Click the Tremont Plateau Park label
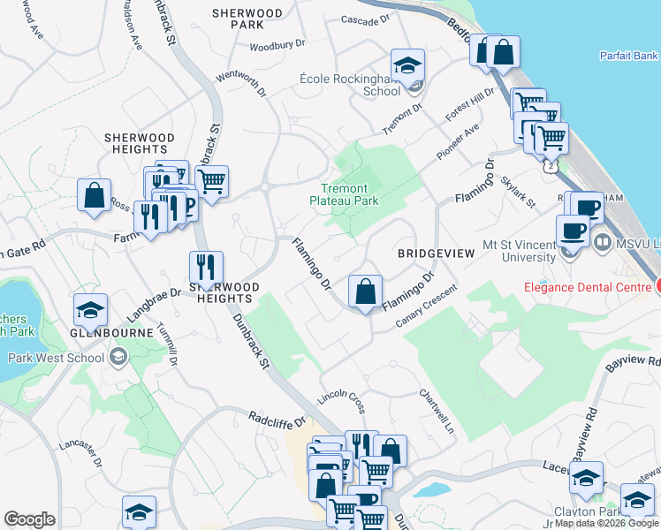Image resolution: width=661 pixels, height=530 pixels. pos(349,194)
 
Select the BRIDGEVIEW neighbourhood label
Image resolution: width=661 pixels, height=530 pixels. pos(436,254)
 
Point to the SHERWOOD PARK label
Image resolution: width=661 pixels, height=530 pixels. pos(247,19)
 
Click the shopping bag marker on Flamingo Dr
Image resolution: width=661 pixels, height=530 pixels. pos(364,291)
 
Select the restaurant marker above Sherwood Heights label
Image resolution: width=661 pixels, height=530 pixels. pos(206,268)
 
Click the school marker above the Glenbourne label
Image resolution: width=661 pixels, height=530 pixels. pos(90,310)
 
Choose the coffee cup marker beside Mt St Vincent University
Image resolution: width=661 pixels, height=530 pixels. pos(572,231)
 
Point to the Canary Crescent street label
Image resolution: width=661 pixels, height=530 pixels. pos(426,307)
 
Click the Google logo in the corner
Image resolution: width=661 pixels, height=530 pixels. pos(29,519)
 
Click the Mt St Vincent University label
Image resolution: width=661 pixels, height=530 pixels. pos(520,250)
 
